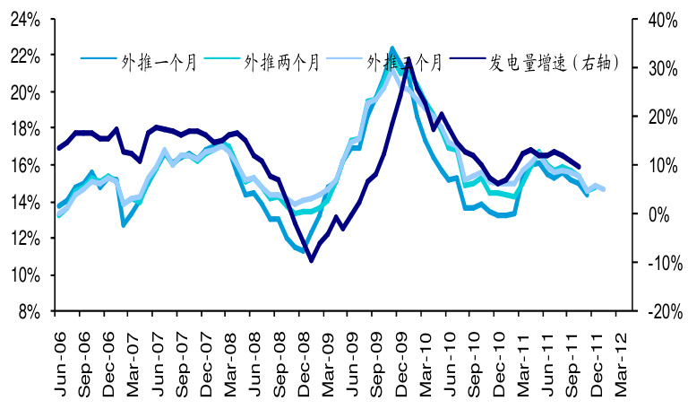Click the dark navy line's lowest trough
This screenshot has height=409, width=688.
(x=311, y=261)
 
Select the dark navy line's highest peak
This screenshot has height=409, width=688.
(x=409, y=65)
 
